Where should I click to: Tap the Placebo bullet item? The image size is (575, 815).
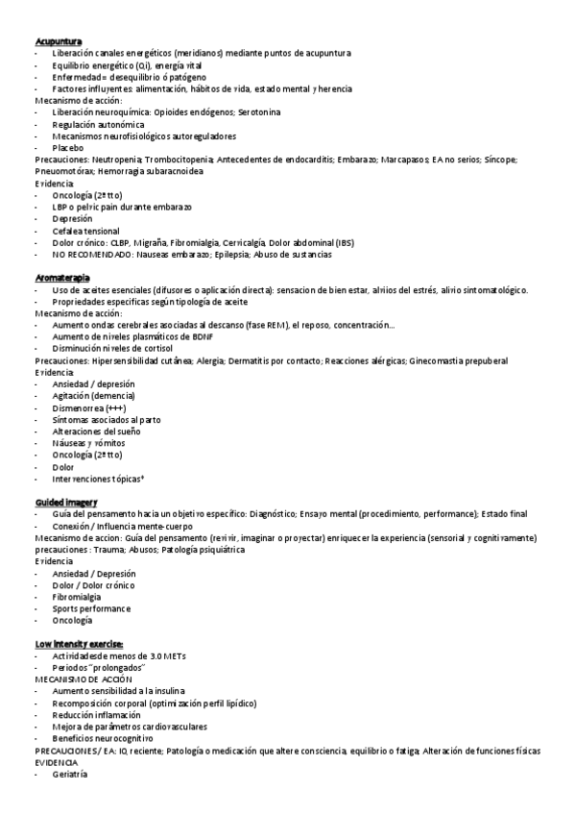(x=68, y=149)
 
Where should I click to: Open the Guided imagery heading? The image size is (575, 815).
(x=65, y=502)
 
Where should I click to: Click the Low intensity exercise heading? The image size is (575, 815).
(x=79, y=644)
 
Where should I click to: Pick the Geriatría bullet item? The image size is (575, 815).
(x=70, y=775)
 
